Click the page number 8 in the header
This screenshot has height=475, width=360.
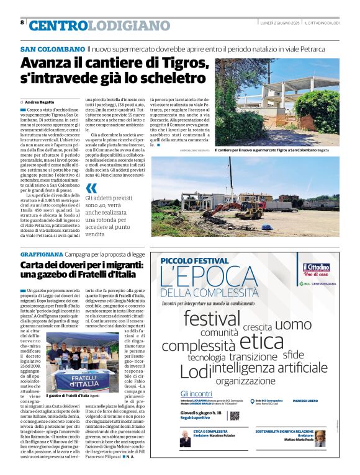tap(22, 22)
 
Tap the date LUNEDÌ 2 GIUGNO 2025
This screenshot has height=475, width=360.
tap(283, 22)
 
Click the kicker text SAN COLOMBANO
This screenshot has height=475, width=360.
tap(52, 48)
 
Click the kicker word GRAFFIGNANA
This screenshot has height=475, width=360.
tap(42, 254)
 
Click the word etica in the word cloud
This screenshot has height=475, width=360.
tap(261, 340)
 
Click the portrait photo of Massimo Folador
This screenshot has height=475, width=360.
tap(186, 438)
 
